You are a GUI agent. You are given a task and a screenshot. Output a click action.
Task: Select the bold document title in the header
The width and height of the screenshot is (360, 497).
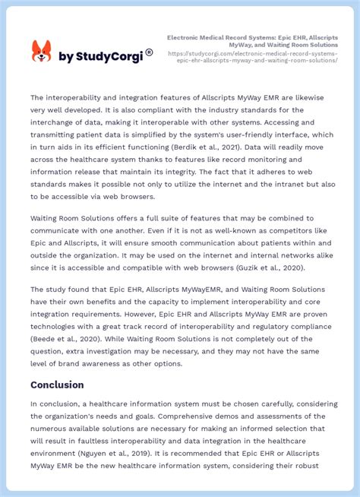tap(252, 40)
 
